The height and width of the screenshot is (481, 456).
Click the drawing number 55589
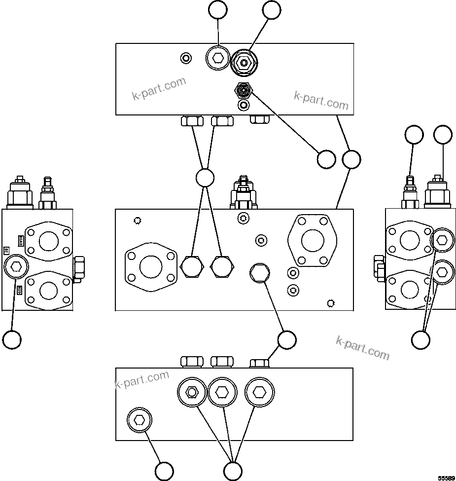point(446,478)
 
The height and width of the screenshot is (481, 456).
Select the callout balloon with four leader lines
point(205,178)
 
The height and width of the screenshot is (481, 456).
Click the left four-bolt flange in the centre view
point(151,267)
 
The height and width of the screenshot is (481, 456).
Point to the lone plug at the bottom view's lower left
point(140,420)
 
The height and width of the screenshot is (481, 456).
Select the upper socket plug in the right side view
point(441,240)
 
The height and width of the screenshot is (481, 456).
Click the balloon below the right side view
point(421,339)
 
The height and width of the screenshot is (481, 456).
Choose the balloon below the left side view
point(12,339)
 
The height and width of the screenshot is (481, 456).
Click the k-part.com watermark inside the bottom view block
point(142,380)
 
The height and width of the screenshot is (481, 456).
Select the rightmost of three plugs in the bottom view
point(259,392)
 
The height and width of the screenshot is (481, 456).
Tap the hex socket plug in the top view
point(217,59)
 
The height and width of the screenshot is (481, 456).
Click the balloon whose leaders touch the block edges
point(351,159)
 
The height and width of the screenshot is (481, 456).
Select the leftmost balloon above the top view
point(218,10)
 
